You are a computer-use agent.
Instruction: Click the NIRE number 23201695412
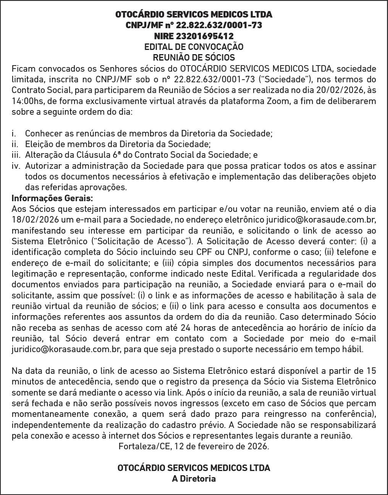(x=205, y=36)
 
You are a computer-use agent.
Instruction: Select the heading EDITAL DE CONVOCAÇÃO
(x=194, y=47)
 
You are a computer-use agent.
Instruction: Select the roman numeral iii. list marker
(x=16, y=155)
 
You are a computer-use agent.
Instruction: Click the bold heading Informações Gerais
(x=52, y=199)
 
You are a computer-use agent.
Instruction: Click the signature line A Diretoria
(x=194, y=479)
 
